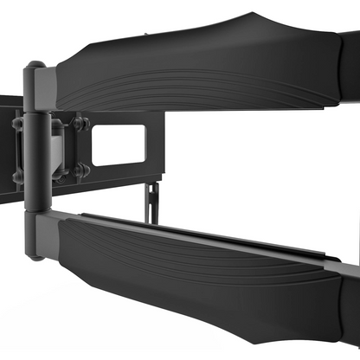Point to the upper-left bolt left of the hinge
[16, 123]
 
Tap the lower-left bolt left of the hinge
[16, 177]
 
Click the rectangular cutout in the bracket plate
[119, 145]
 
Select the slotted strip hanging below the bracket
[152, 201]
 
